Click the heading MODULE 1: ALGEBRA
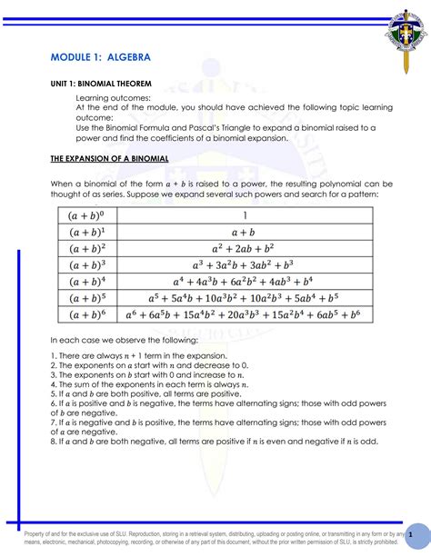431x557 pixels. click(x=100, y=58)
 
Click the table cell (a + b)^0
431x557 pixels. click(x=87, y=216)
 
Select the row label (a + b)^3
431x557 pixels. click(x=87, y=265)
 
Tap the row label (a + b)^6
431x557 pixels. click(x=87, y=314)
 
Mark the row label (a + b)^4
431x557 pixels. click(x=87, y=282)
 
